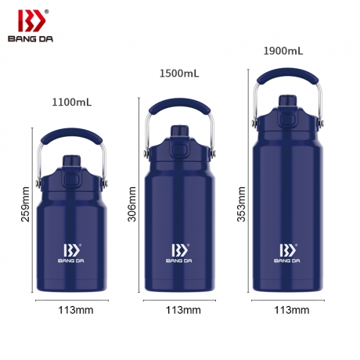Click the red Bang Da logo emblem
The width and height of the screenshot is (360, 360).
[31, 20]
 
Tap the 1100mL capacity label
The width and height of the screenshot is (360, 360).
[72, 102]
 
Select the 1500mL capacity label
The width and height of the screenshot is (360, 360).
[179, 74]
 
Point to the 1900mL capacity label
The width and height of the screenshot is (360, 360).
[283, 51]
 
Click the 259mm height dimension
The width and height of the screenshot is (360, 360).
[26, 204]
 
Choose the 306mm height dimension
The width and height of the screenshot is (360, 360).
[132, 204]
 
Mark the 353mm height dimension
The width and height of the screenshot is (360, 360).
[241, 204]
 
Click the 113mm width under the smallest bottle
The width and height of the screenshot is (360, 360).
[76, 310]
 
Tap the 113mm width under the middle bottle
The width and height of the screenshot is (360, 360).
[183, 310]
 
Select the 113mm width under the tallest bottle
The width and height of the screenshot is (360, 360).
[292, 310]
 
